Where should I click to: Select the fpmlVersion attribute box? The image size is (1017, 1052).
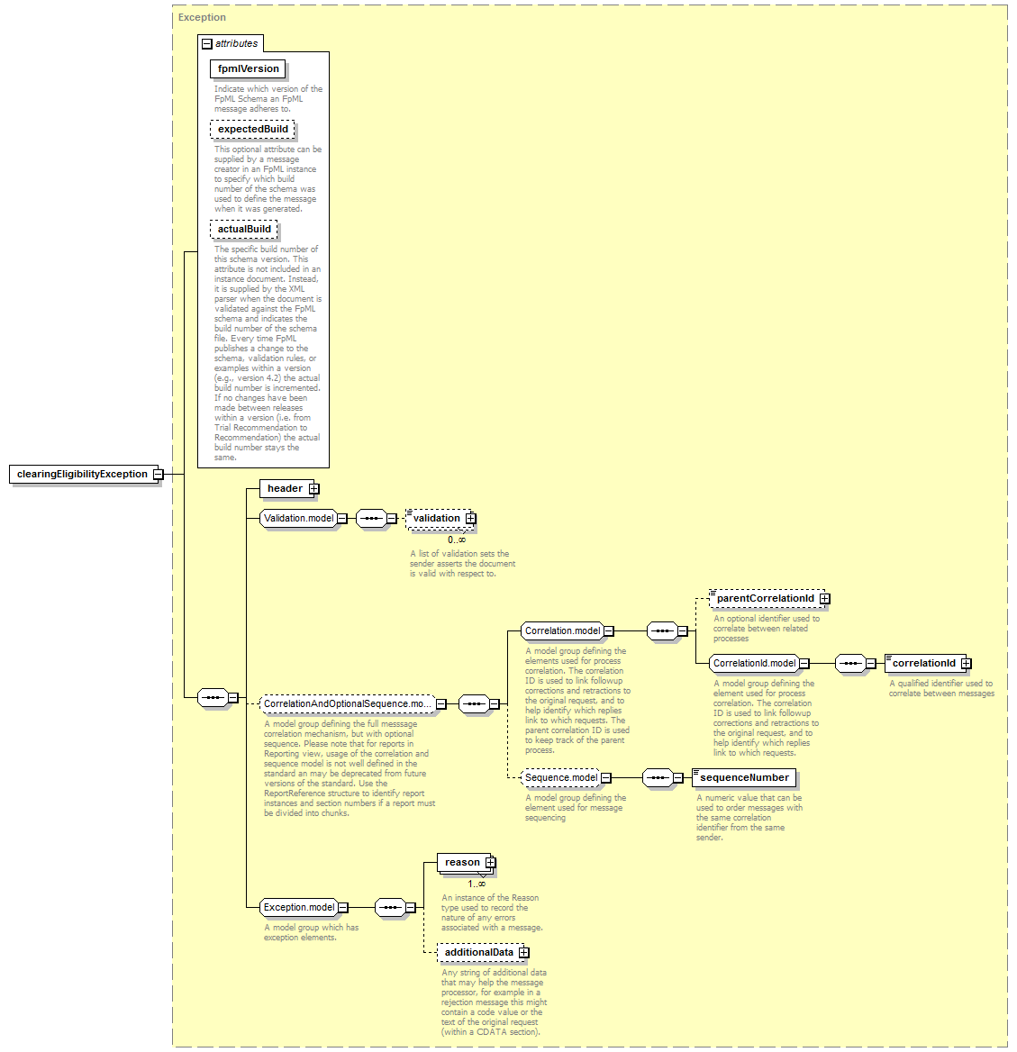[x=249, y=69]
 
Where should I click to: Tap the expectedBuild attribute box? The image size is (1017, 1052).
[x=252, y=130]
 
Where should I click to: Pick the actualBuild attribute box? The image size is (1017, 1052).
[x=244, y=230]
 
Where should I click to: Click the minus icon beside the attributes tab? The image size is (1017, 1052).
[x=207, y=44]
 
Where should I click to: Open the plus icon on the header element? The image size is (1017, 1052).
[x=314, y=489]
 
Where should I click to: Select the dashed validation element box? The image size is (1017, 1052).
[x=440, y=519]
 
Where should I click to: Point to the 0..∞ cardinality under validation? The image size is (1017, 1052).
[x=457, y=540]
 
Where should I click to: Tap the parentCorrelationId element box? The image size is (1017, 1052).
[x=767, y=598]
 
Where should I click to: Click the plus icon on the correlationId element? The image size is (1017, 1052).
[x=966, y=664]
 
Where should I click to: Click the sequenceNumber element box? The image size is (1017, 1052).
[x=744, y=778]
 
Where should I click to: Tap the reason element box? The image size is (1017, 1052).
[x=467, y=863]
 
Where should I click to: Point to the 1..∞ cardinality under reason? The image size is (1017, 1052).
[x=477, y=884]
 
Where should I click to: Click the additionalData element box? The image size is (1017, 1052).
[x=483, y=953]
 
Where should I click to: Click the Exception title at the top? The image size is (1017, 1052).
[x=202, y=17]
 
